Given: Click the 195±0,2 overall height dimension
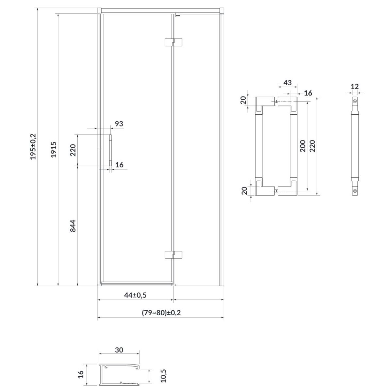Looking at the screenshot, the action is coord(33,146).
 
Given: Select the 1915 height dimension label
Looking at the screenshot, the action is coord(54,150).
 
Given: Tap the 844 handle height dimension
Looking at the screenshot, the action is coord(73,226).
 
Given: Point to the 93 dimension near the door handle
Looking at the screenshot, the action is coord(119,123).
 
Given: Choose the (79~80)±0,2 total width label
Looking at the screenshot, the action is coord(161,312).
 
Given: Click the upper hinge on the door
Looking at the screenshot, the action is coord(173,42).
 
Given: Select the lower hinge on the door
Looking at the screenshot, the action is coord(173,255).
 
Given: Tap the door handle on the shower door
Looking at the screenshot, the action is coord(110,150).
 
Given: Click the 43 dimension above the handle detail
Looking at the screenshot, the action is coord(287,83).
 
